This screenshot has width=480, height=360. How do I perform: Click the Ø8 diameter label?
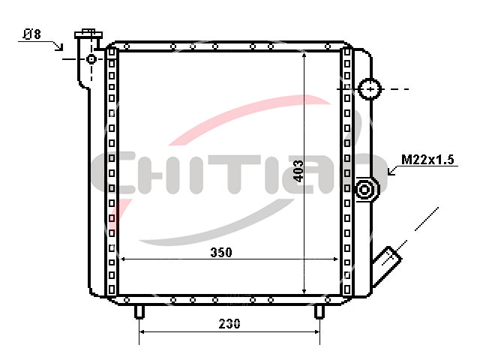[x=31, y=34]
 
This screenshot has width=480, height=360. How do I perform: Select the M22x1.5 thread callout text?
[x=427, y=160]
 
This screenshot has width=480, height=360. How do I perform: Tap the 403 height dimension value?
[x=298, y=171]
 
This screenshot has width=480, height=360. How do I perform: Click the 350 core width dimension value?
[x=221, y=252]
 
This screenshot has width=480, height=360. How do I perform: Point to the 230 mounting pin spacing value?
[x=229, y=323]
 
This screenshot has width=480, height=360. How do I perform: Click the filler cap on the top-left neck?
[x=88, y=34]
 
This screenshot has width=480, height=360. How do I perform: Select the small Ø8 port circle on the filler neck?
[x=91, y=58]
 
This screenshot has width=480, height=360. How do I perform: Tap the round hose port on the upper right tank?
[x=370, y=89]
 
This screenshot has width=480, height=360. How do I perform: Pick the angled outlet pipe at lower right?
[x=386, y=266]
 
